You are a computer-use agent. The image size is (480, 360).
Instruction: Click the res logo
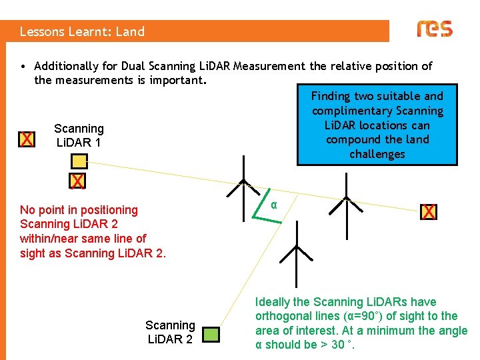tap(435, 29)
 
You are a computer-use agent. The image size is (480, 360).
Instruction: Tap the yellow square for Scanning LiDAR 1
tap(79, 161)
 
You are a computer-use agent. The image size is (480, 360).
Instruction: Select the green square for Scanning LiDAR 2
tap(211, 334)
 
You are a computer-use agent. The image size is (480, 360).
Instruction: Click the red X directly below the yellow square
tap(78, 181)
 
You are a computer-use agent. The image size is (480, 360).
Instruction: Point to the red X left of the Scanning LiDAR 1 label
tap(27, 139)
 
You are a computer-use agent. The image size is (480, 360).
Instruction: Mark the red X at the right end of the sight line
tap(429, 212)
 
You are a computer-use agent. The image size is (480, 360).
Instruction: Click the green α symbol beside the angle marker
tap(274, 205)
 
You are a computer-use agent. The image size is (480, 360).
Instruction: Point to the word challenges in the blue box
tap(377, 154)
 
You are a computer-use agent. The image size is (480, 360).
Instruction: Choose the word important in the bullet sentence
tap(181, 81)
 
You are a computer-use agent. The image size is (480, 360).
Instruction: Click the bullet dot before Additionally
tap(23, 67)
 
